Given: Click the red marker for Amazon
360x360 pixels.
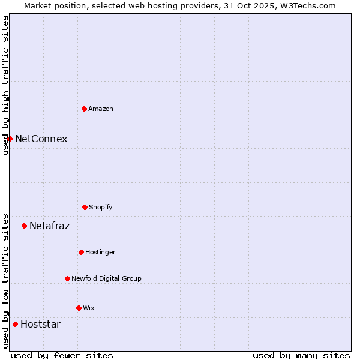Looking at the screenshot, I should click(x=84, y=109).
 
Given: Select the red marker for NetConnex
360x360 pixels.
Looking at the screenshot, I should click(x=10, y=139).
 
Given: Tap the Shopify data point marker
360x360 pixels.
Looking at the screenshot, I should click(x=85, y=207).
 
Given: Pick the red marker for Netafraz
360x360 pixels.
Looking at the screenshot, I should click(x=24, y=226).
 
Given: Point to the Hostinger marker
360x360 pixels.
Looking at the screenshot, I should click(x=81, y=252).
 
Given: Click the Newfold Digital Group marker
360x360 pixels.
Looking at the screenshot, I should click(x=67, y=278).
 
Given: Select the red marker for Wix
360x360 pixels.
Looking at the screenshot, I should click(x=79, y=308).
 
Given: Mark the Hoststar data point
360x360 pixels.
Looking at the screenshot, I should click(x=15, y=324).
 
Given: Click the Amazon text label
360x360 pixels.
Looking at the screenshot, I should click(x=101, y=109).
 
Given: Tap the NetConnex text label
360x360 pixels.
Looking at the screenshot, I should click(x=41, y=139).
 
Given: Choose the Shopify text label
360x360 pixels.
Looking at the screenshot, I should click(x=101, y=207).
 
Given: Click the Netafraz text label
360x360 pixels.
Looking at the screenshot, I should click(x=49, y=226).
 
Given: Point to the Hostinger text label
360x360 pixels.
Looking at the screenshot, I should click(x=100, y=252).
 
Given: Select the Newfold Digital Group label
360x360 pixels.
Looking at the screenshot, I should click(x=106, y=278).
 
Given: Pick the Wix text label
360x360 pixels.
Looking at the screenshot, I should click(x=89, y=308).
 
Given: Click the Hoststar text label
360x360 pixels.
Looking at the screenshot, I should click(x=40, y=324).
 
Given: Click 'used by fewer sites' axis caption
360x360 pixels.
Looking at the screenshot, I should click(x=62, y=355).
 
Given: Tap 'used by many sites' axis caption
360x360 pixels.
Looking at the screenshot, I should click(x=301, y=355).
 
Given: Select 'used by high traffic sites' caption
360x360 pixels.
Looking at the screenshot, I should click(x=5, y=85).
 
